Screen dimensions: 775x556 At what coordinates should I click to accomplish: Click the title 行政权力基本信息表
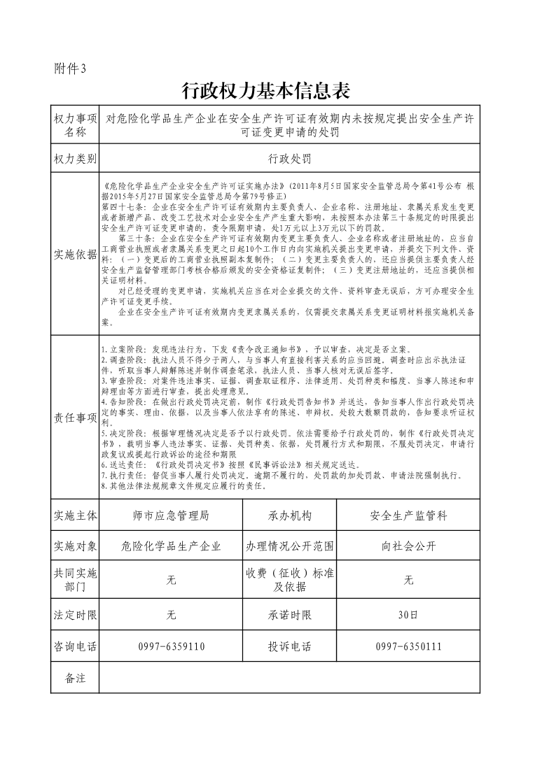pos(265,91)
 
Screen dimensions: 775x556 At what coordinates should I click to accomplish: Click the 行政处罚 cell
pos(289,159)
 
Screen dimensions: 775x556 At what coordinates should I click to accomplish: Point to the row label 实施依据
pos(75,255)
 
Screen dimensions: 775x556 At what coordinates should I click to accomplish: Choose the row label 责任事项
pos(75,418)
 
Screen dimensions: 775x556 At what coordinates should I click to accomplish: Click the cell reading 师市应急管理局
pos(170,516)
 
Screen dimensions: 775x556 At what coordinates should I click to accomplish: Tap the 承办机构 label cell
pos(289,516)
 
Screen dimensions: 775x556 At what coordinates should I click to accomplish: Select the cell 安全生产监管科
pos(408,516)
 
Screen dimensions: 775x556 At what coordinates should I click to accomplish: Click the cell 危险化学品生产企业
pos(170,546)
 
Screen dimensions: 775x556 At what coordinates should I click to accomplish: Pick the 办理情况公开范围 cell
pos(289,546)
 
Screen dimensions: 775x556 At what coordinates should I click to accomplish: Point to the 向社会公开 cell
pos(408,546)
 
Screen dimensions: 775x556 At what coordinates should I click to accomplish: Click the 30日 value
pos(408,616)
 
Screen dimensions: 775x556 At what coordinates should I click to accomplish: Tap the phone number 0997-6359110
pos(172,646)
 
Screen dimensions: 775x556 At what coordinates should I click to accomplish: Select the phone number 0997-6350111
pos(408,646)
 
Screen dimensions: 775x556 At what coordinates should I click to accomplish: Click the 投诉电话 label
pos(289,646)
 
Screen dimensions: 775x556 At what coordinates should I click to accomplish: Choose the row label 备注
pos(75,678)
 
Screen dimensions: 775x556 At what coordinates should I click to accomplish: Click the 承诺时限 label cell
pos(289,616)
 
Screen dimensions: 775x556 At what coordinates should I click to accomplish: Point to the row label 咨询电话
pos(75,646)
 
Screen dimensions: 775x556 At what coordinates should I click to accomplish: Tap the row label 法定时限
pos(75,616)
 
